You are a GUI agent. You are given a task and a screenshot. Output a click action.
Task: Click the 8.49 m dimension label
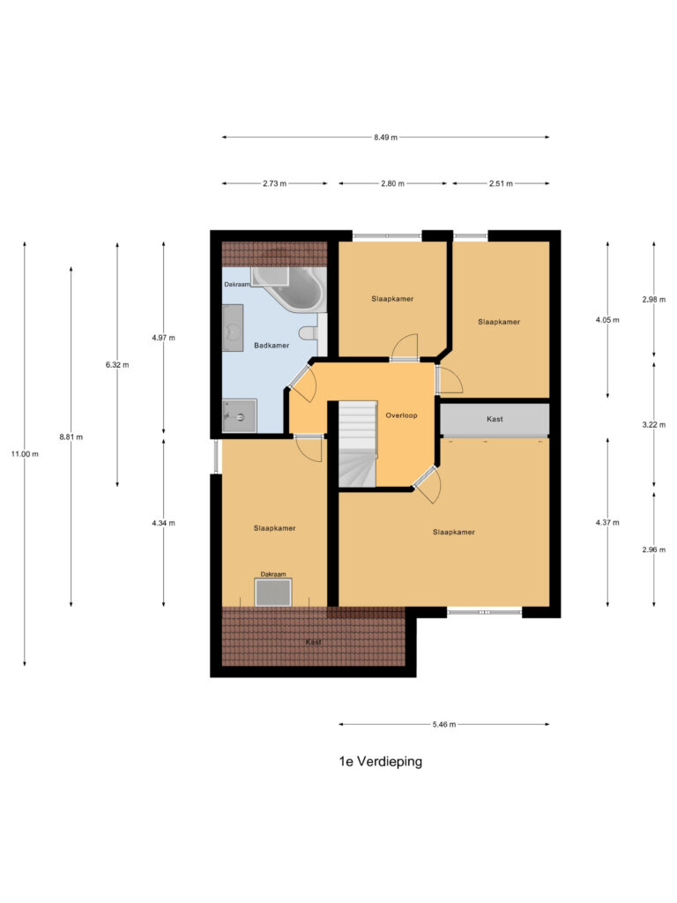385,138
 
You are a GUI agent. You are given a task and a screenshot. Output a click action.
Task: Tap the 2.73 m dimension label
274,183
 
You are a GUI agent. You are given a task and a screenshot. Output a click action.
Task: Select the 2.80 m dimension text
392,183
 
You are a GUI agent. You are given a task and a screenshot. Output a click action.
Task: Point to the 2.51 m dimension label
501,183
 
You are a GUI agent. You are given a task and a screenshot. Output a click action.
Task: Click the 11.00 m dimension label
25,453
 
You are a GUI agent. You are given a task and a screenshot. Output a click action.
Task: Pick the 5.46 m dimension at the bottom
444,725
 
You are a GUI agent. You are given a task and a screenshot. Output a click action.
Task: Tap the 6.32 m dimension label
117,364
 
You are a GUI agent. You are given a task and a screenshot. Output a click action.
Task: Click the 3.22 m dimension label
653,424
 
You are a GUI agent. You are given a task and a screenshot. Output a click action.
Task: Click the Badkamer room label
271,346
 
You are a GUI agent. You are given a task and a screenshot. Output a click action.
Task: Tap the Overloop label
401,414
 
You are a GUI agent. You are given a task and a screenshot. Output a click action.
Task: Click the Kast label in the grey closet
495,419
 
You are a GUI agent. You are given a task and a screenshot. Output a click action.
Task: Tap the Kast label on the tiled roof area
313,642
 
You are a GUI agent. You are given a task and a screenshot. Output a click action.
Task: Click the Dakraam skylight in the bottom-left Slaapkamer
273,593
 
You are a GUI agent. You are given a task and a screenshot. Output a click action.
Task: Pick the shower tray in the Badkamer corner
239,415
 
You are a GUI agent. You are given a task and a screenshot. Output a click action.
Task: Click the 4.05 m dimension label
607,320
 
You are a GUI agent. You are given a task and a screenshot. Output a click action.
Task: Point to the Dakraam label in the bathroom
236,284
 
